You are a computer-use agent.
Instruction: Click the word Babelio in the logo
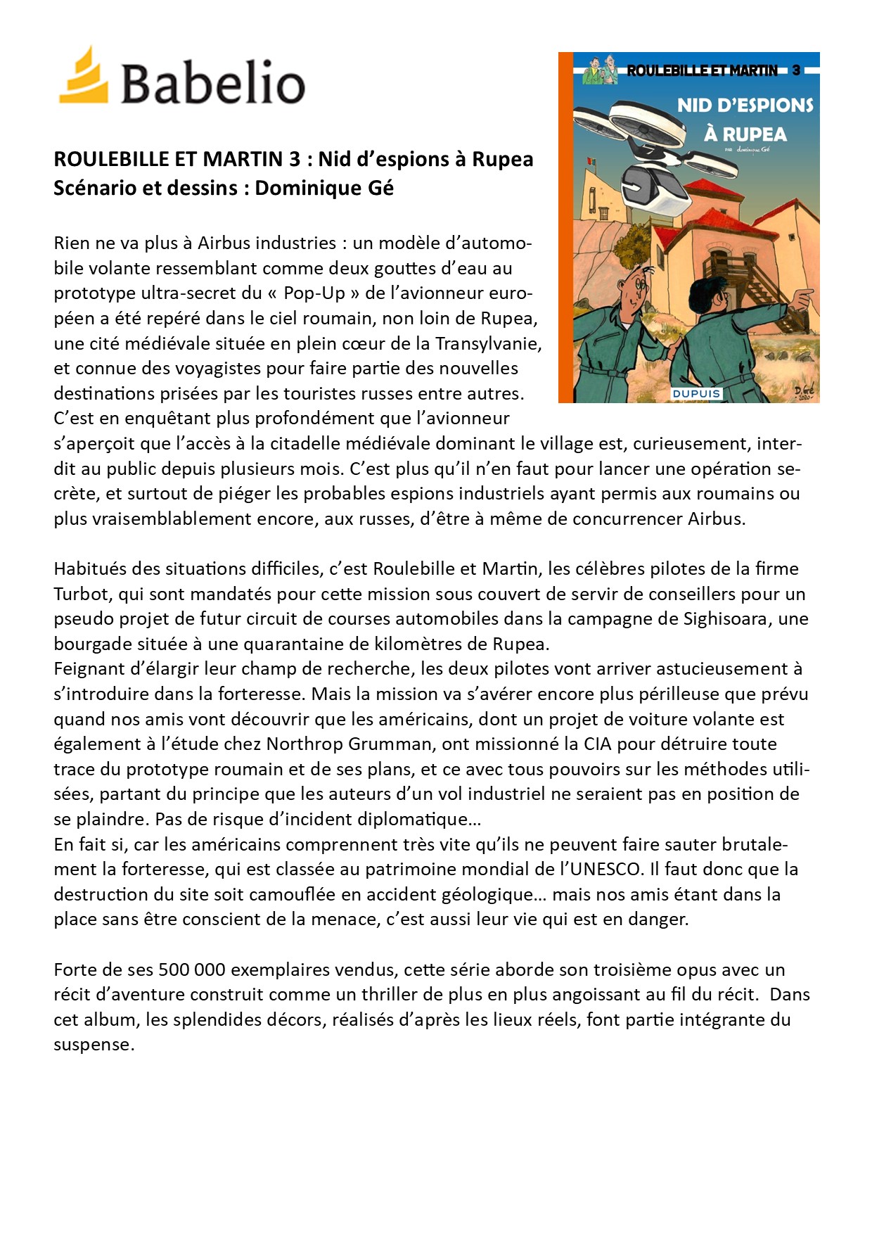click(212, 83)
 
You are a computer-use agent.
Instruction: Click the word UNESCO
click(608, 870)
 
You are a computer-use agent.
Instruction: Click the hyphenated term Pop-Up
click(314, 293)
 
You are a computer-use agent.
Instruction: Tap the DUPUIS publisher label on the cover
click(695, 393)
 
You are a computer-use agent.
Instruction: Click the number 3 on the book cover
click(796, 70)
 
